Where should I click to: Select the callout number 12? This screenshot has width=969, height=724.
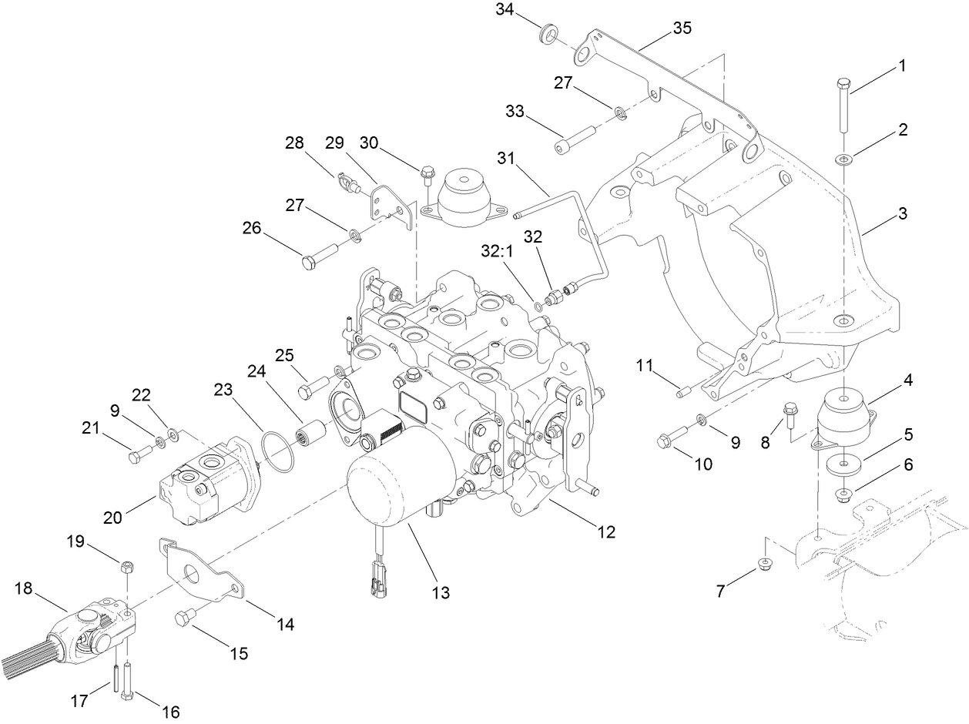[x=606, y=531]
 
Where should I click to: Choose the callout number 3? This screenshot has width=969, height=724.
[x=901, y=213]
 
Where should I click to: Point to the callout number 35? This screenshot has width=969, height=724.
[x=682, y=28]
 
